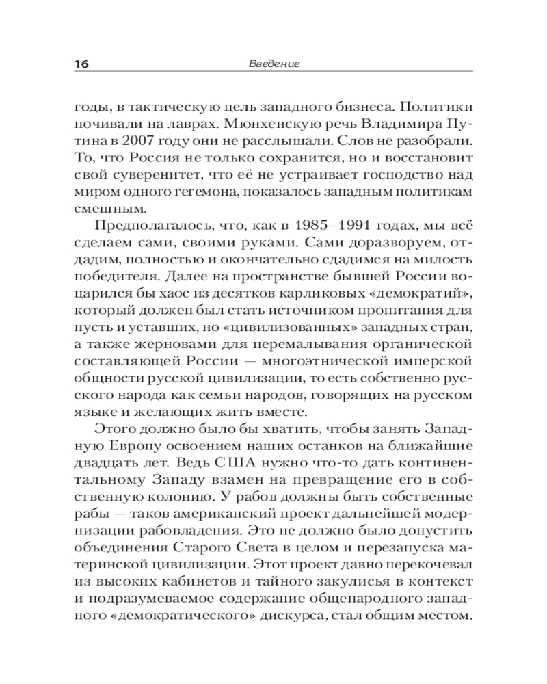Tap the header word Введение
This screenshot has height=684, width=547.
click(x=272, y=64)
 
